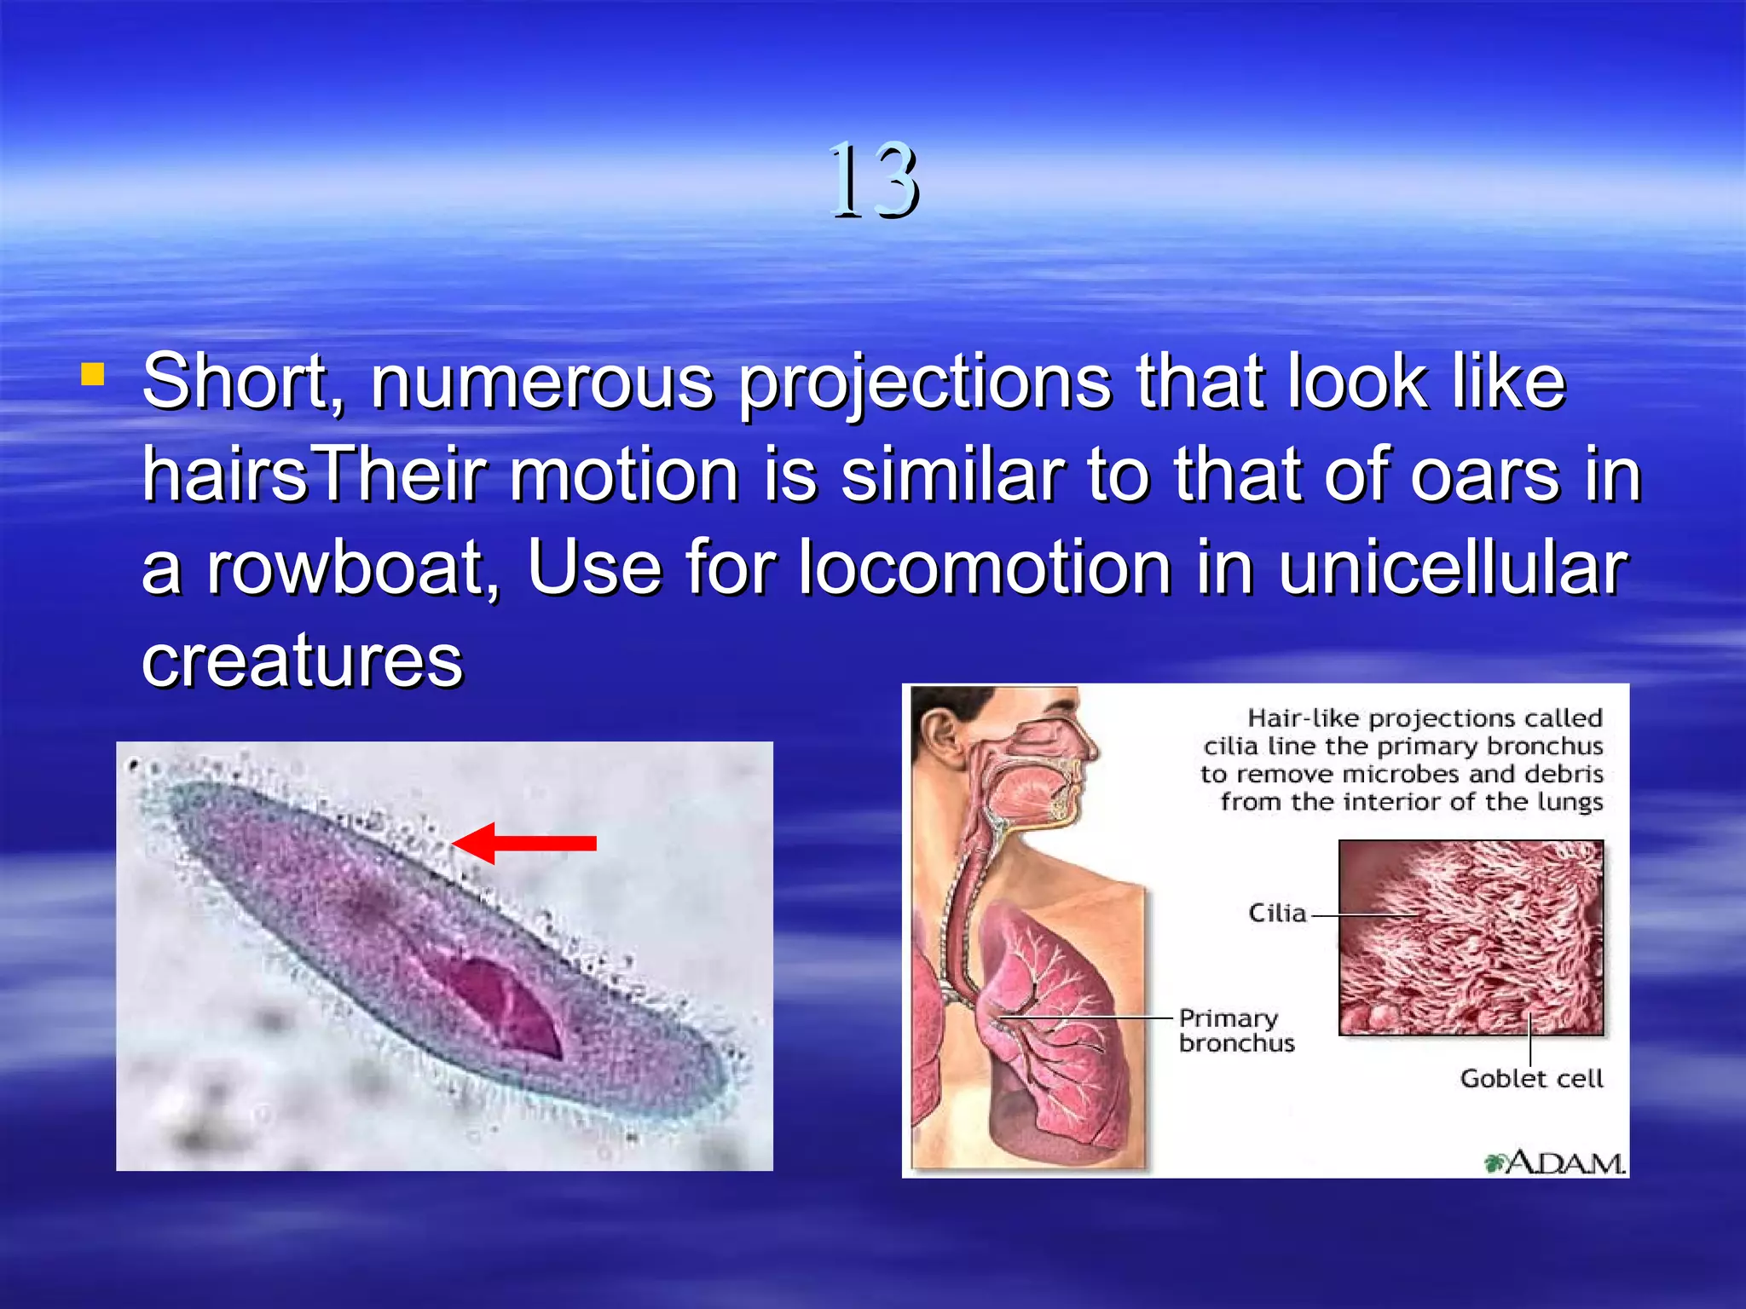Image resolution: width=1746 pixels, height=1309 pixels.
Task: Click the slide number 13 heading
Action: tap(874, 181)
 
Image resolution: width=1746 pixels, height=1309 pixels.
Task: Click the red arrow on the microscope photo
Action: tap(524, 843)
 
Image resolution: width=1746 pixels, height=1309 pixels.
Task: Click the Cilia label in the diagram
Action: tap(1277, 914)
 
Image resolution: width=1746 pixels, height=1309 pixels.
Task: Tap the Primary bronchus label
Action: tap(1236, 1030)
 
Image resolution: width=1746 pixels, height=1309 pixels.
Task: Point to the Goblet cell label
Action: tap(1531, 1079)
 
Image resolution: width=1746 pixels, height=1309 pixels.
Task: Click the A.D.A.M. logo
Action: tap(1555, 1162)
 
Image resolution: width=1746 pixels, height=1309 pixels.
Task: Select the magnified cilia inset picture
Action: tap(1471, 937)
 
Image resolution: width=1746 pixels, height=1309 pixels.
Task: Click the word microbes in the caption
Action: tap(1402, 774)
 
